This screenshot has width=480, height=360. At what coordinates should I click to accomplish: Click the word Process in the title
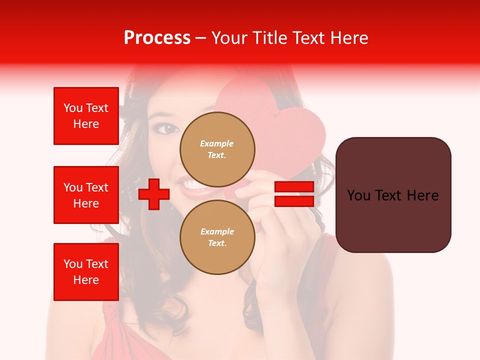point(157,38)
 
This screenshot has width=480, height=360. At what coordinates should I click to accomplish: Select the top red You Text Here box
point(86,116)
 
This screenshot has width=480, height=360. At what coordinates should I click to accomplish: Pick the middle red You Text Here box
point(86,195)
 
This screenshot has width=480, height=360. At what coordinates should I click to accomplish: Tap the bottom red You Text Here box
point(86,271)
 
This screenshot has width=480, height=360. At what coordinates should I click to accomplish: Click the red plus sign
point(154,194)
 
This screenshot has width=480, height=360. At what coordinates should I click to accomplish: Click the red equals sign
point(294,194)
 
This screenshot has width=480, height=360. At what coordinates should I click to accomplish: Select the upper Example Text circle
point(217,149)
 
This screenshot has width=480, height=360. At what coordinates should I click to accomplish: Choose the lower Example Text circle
point(217,237)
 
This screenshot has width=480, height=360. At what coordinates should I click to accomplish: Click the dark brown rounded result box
point(393,195)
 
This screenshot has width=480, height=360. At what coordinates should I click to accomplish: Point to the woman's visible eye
point(166,128)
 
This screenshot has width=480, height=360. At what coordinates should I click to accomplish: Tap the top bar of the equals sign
point(294,187)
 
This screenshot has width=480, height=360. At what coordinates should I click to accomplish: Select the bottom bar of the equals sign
point(294,201)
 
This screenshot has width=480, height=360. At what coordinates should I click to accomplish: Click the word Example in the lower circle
point(217,231)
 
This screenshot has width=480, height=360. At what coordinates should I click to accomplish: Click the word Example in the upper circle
point(217,143)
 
